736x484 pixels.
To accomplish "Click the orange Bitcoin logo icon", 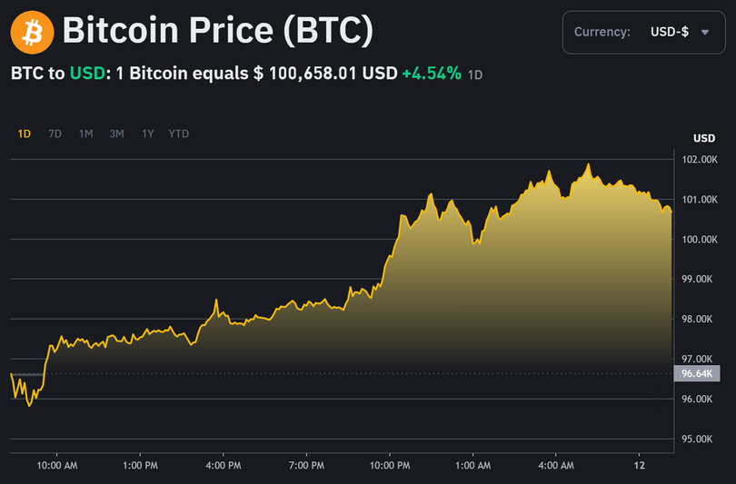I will (32, 33).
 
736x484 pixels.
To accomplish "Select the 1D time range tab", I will (25, 133).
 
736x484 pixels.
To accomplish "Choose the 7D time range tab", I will (55, 133).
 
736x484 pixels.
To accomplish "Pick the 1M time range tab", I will (85, 133).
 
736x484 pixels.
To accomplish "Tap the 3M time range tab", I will (116, 133).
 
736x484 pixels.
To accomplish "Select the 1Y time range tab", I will (147, 133).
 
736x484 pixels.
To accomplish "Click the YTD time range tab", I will (179, 133).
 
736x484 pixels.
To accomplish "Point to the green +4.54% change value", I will (432, 73).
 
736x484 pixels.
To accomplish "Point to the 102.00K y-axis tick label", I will (700, 160).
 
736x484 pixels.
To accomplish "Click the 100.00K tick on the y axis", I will (700, 240).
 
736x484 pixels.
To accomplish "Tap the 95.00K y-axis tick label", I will (700, 440).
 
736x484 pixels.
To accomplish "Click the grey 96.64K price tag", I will (697, 373).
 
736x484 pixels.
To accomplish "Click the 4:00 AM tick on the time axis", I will (556, 466).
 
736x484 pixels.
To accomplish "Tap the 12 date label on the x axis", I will (639, 466).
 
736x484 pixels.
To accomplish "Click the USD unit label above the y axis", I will (704, 139).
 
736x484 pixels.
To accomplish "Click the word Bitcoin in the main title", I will (120, 33).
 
